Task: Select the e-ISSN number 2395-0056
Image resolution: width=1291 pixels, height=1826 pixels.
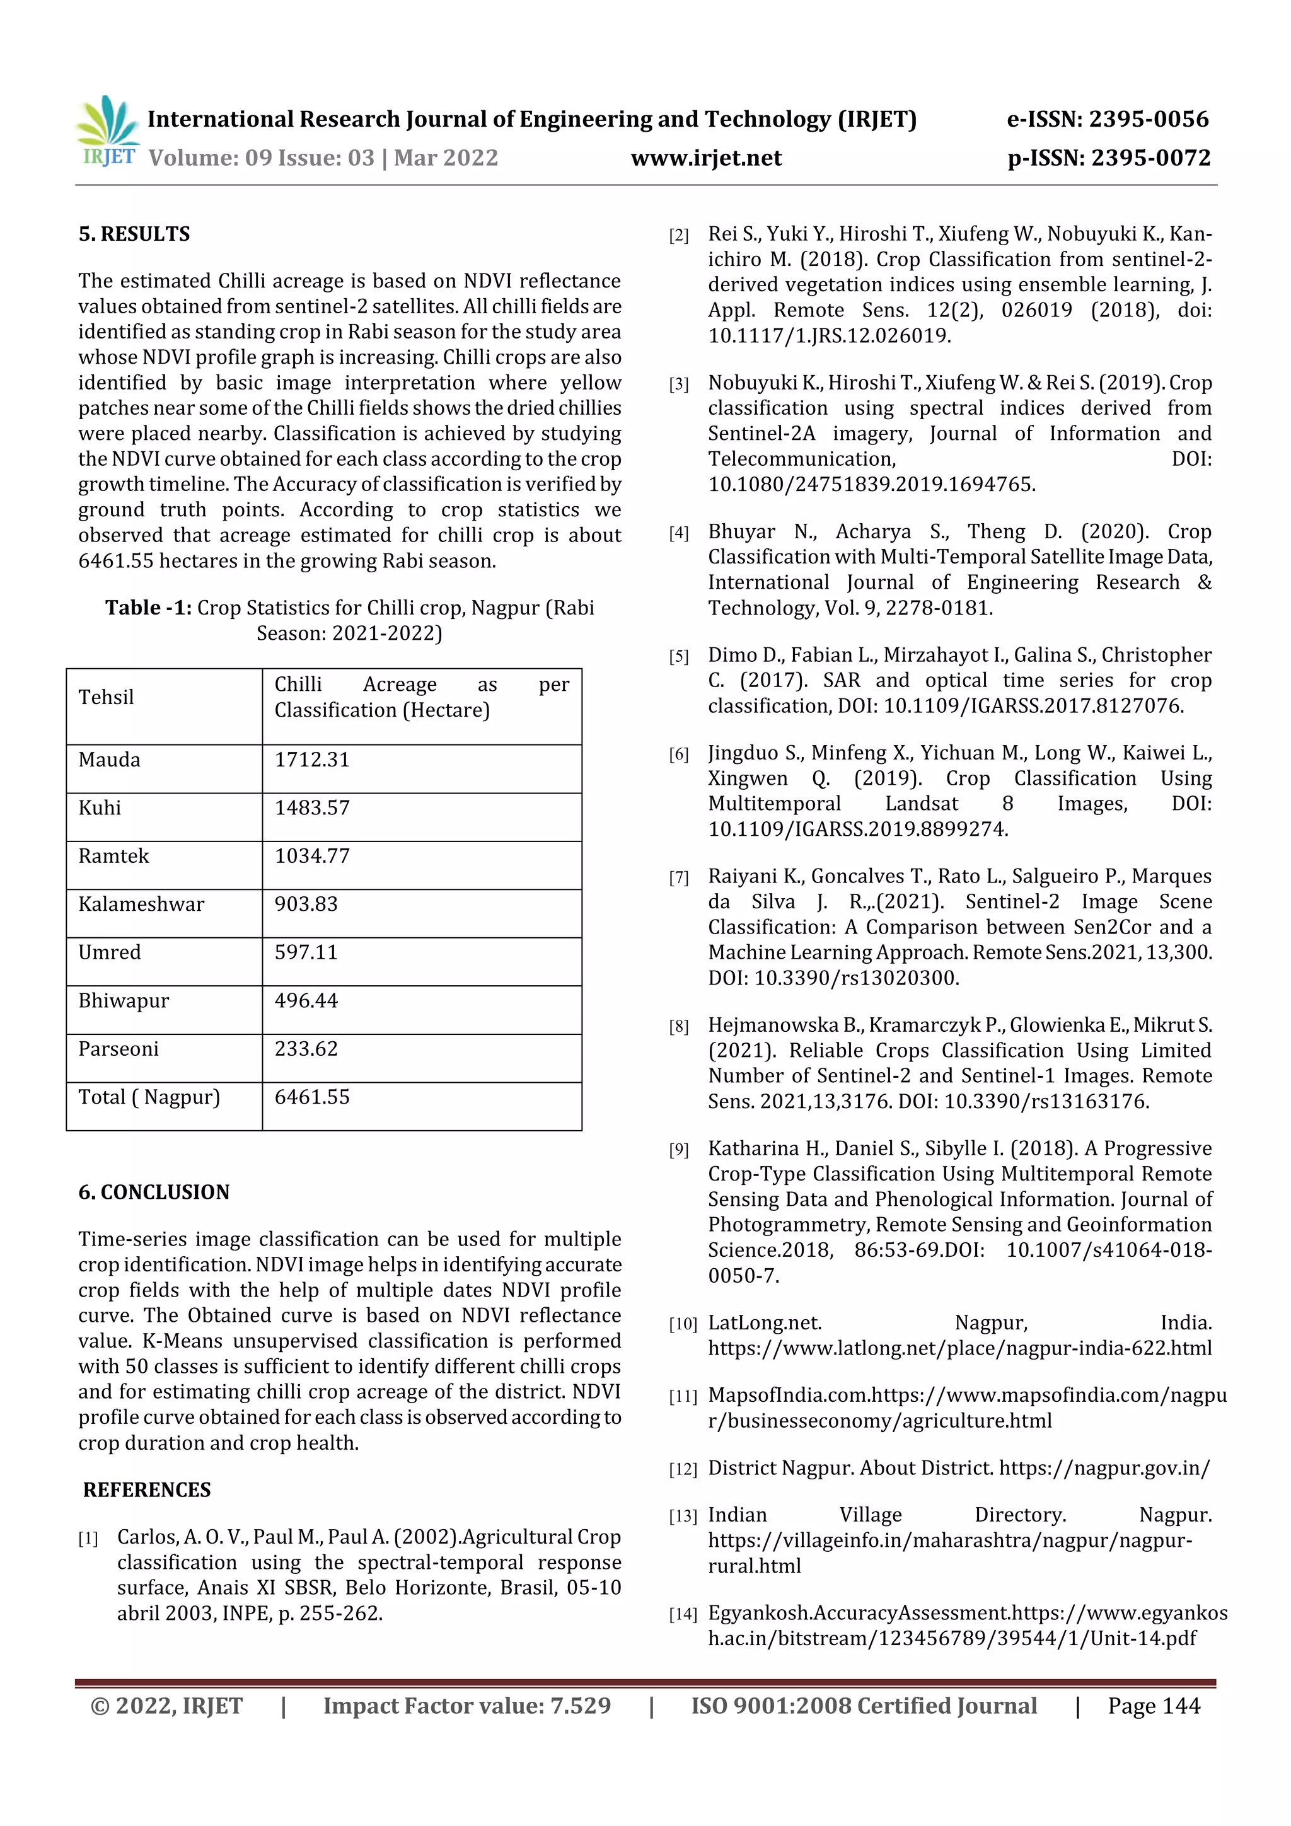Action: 1148,119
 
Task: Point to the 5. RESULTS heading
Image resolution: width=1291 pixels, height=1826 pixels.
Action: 134,234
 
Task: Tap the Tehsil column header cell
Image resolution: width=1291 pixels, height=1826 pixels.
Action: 106,698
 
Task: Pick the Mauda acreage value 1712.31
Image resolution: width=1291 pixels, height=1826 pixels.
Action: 312,760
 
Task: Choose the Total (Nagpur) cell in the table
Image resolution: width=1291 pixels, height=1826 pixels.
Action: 149,1097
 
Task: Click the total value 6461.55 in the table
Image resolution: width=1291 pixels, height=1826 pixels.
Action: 312,1097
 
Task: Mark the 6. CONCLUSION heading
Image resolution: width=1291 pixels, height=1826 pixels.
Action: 154,1191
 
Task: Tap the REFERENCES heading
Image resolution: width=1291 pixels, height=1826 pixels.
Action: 146,1489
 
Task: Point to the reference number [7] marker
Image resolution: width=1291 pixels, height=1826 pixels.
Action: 678,878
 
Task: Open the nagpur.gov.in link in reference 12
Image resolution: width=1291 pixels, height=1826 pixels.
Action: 1103,1468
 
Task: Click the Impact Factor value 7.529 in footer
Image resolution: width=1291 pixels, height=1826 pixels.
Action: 580,1705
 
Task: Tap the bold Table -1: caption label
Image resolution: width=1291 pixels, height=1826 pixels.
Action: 148,608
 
